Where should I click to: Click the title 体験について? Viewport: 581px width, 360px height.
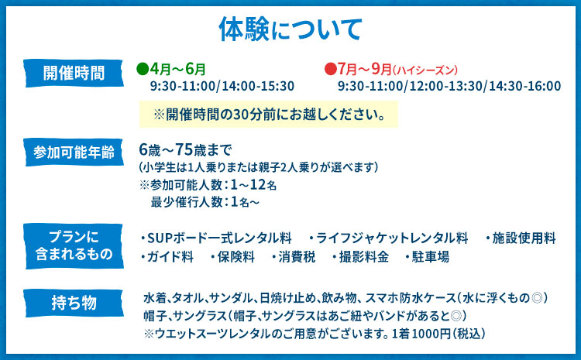click(x=290, y=29)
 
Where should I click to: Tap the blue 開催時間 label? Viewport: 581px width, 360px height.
click(x=74, y=74)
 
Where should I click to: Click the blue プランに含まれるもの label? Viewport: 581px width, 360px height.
click(x=74, y=244)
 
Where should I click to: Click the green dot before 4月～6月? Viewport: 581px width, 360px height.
click(x=142, y=69)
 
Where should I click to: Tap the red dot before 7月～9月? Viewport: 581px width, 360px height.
click(x=330, y=69)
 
